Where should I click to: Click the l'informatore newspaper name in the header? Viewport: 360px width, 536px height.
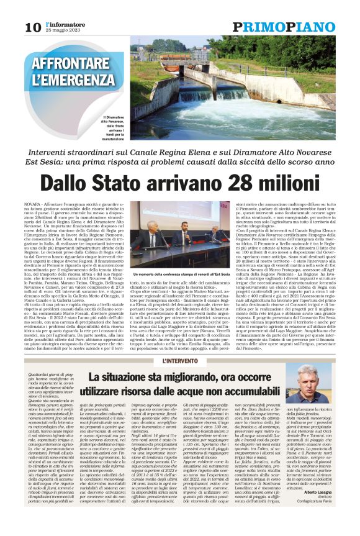(57, 23)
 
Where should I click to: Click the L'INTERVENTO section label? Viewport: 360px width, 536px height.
(179, 360)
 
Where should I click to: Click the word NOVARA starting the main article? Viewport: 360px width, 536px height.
(50, 204)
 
